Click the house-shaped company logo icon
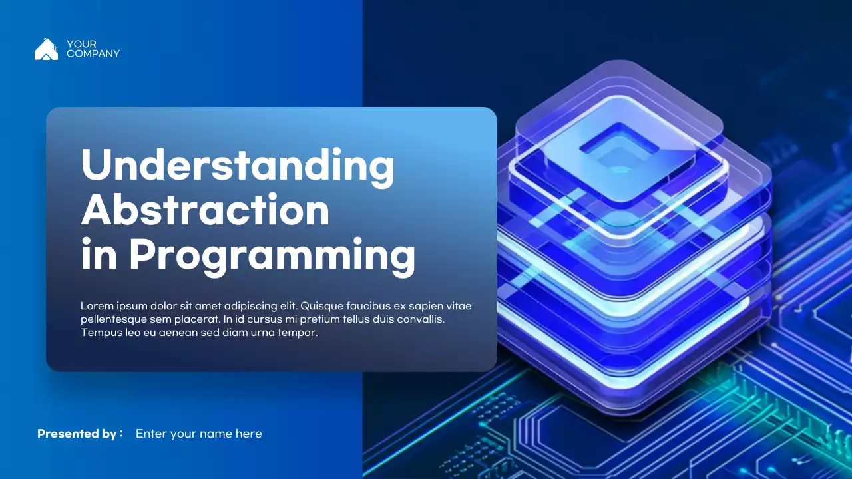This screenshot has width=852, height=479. (46, 49)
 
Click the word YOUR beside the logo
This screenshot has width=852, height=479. (81, 45)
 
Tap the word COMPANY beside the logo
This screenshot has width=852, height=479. (93, 54)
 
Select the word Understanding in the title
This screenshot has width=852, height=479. (238, 166)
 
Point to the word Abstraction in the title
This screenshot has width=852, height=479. (205, 210)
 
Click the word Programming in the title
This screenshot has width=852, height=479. (272, 255)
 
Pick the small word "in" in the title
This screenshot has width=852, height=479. (99, 255)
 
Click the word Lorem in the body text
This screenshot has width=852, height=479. (95, 306)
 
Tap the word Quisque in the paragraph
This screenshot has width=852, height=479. (321, 306)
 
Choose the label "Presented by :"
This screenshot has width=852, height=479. (80, 434)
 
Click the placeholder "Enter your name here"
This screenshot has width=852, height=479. (198, 434)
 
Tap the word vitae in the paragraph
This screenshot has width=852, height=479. (459, 306)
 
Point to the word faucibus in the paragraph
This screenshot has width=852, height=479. (368, 306)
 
